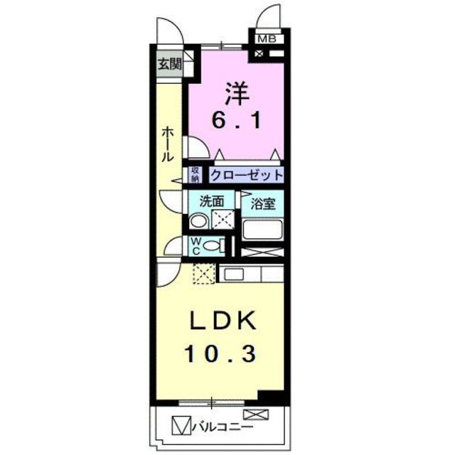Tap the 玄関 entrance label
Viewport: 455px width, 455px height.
pos(169,65)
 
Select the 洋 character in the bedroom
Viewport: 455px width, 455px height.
pos(237,93)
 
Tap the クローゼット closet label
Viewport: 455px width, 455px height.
pos(246,175)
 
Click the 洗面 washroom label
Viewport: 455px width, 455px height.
pos(211,201)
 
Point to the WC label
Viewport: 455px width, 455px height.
pos(195,246)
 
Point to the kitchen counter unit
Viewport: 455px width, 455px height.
pos(251,274)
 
